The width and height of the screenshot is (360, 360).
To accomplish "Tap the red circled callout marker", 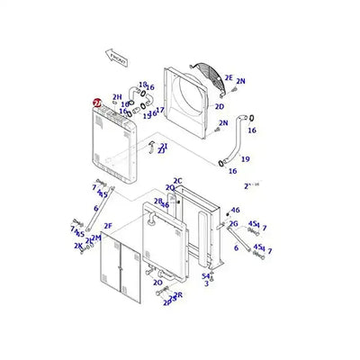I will pyautogui.click(x=97, y=104).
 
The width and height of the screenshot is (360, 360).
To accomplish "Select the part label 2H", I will pyautogui.click(x=117, y=97).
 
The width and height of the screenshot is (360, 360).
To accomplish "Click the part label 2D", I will pyautogui.click(x=219, y=105).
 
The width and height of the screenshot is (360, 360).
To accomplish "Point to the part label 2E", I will pyautogui.click(x=228, y=78).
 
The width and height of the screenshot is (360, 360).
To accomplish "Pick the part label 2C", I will pyautogui.click(x=178, y=181).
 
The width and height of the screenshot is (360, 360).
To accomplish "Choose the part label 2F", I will pyautogui.click(x=108, y=225).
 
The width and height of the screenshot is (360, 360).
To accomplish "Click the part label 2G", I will pyautogui.click(x=233, y=223).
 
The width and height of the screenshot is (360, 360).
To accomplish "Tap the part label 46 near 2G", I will pyautogui.click(x=235, y=210).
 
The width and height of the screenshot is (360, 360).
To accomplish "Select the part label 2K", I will pyautogui.click(x=78, y=245).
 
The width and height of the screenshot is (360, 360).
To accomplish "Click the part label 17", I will pyautogui.click(x=160, y=110).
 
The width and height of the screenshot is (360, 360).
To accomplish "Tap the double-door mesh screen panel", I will pyautogui.click(x=120, y=265).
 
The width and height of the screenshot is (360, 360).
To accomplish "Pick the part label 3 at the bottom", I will pyautogui.click(x=206, y=283).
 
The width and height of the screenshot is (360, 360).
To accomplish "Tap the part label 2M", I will pyautogui.click(x=94, y=238).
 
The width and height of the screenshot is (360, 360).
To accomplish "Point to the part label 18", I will pyautogui.click(x=143, y=85).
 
